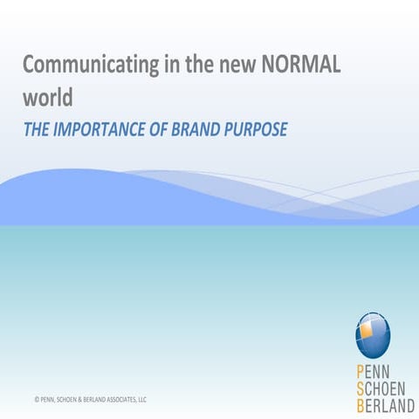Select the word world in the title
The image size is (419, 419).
coord(48,96)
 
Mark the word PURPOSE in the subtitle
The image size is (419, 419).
coord(256,128)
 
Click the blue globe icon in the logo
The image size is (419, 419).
coord(373,334)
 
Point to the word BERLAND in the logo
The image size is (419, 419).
coord(385,404)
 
